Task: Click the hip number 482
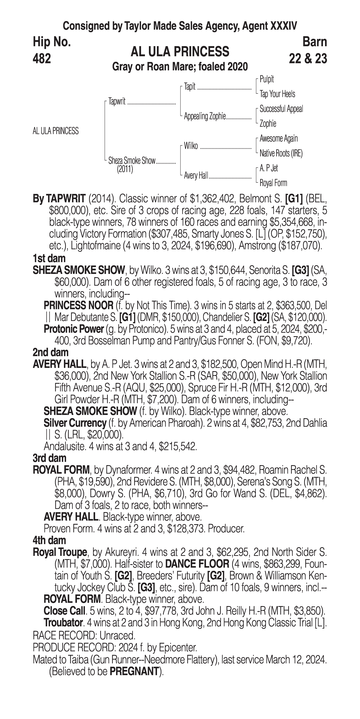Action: [x=42, y=59]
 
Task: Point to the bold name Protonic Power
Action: [x=74, y=329]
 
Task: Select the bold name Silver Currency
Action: [x=75, y=423]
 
